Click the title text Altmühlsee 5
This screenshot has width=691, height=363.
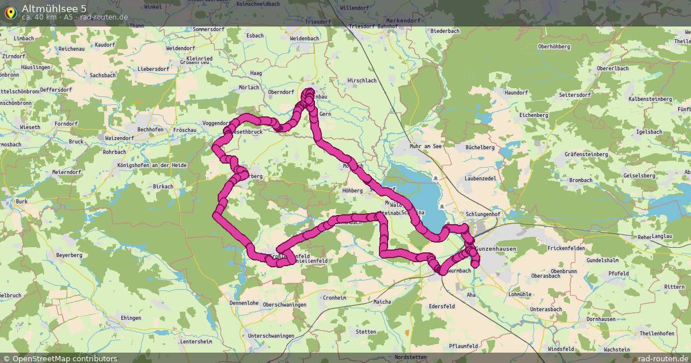click(x=55, y=7)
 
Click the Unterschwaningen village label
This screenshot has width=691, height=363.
click(x=271, y=335)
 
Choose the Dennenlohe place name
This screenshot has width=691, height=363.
click(x=244, y=302)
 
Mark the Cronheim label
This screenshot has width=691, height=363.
click(x=335, y=298)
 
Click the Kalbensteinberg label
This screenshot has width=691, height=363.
click(x=651, y=99)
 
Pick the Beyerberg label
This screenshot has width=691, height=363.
click(x=69, y=255)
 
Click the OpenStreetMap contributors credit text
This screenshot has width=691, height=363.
click(x=64, y=358)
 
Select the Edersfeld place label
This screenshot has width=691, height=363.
click(x=442, y=307)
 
